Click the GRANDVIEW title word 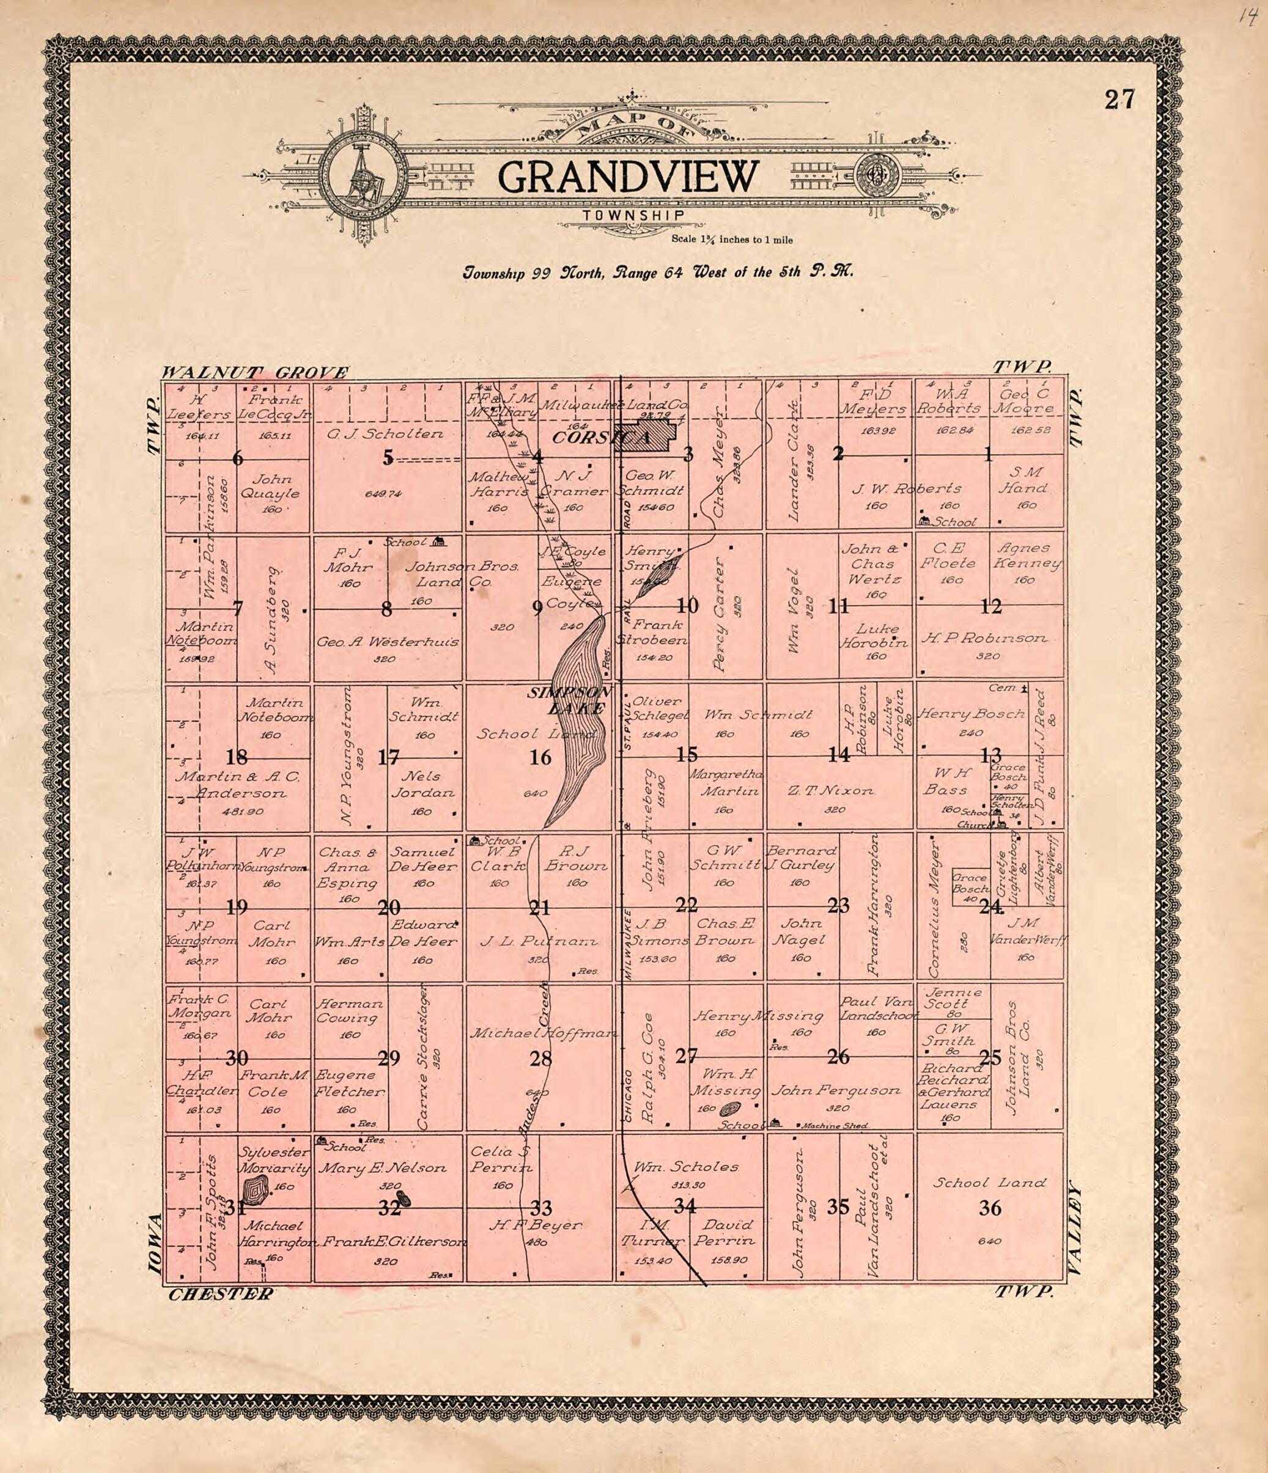click(628, 177)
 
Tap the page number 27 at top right click(1119, 100)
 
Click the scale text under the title click(732, 240)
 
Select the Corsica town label click(601, 438)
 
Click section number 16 click(540, 758)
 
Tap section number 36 click(990, 1208)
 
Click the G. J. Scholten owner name click(385, 434)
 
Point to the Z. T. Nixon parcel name click(831, 790)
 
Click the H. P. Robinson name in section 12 click(984, 638)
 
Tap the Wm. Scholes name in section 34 click(686, 1167)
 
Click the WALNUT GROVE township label click(256, 372)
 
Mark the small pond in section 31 click(254, 1190)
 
